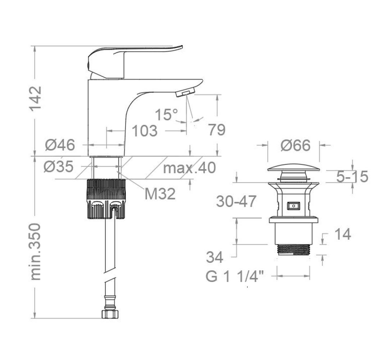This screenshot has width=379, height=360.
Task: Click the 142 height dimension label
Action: pos(35,99)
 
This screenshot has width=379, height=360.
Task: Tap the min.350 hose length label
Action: pos(35,252)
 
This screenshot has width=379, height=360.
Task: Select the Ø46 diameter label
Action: pos(60,145)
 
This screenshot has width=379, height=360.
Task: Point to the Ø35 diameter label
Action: pos(59,167)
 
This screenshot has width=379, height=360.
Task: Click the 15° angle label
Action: pos(166,114)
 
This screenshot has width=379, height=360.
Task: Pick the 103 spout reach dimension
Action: pos(145,131)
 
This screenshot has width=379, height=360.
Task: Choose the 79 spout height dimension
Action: pos(217,130)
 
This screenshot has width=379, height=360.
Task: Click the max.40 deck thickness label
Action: pos(189,168)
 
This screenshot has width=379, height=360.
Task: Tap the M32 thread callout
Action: pos(160,194)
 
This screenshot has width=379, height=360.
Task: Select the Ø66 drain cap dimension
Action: pos(295,146)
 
